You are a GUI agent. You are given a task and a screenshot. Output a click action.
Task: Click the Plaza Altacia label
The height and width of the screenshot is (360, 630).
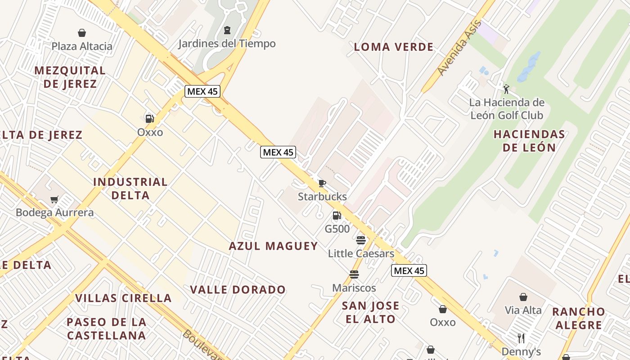coord(82,46)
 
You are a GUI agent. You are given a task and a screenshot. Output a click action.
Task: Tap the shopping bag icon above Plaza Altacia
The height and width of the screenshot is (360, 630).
coord(82,33)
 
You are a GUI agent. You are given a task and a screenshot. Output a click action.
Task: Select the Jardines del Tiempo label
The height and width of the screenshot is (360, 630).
coord(227,44)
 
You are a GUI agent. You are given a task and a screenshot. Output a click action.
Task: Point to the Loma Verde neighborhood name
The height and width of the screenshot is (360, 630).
coord(394,47)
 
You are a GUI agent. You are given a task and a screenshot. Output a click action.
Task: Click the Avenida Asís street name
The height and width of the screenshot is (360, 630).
coord(459,48)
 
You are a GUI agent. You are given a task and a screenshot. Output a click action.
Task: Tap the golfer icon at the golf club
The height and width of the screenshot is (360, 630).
coord(506,89)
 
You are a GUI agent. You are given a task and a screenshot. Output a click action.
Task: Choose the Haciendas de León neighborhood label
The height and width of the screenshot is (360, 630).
coord(529,140)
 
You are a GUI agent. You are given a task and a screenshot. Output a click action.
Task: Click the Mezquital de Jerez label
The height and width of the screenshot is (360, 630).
coord(70,77)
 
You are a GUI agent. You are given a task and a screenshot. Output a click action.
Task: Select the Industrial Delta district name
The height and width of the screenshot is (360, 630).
coord(130,189)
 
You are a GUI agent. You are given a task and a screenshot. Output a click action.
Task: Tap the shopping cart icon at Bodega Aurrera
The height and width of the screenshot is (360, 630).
coord(54,199)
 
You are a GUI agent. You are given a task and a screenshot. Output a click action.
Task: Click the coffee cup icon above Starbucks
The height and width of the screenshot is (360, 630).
coord(322,183)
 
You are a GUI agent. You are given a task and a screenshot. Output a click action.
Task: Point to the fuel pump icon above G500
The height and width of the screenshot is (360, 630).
coord(337,216)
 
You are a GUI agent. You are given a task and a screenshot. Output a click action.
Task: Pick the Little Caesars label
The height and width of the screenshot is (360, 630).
coord(361,253)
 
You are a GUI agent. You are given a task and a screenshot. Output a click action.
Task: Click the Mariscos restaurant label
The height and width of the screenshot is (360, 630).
coord(354,288)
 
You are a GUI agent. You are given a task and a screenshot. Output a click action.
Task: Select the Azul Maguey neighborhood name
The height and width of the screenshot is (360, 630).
coord(273,246)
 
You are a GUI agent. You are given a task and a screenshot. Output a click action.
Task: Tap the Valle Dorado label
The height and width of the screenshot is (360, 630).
coord(238,289)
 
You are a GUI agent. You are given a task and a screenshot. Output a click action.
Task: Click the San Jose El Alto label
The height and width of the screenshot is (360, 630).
coord(370,312)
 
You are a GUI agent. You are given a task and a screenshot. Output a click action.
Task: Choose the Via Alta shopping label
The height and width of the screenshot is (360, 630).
coord(523,310)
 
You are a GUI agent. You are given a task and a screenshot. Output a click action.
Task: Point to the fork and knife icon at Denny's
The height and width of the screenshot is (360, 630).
coord(521,338)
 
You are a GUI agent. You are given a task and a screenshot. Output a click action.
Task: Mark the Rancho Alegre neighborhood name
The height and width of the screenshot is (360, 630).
coord(578,318)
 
